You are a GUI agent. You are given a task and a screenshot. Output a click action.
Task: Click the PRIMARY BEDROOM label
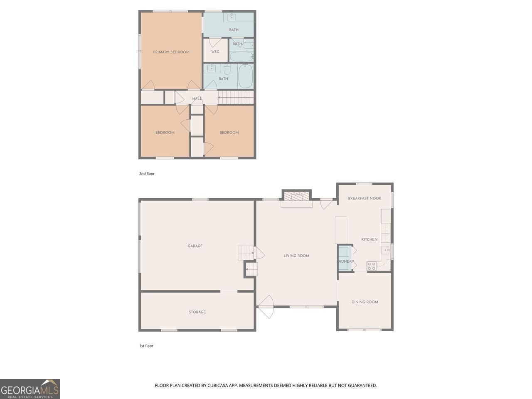point(171,52)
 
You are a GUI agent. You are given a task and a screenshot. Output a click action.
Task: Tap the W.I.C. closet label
point(215,52)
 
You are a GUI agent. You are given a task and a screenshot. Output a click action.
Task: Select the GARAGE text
point(195,246)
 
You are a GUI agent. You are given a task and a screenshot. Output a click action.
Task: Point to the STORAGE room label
point(197,312)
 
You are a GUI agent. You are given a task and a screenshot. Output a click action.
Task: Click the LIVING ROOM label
point(296,256)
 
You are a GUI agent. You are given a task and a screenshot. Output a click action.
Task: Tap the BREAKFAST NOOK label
point(365,198)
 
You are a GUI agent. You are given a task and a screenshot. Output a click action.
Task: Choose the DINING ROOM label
point(365,302)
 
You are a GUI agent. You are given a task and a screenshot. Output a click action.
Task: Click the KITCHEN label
point(369,239)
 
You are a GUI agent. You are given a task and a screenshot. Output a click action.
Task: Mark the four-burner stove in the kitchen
point(371,266)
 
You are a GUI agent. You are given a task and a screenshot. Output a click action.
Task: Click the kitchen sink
point(386,249)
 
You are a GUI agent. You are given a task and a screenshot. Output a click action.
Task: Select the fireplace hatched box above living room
point(297,197)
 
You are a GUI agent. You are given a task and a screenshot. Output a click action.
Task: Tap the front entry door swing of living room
point(266,307)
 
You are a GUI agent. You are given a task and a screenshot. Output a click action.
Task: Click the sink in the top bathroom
point(231,17)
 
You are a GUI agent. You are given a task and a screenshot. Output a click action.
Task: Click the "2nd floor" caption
point(147,174)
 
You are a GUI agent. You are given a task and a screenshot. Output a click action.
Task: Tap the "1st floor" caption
point(146,346)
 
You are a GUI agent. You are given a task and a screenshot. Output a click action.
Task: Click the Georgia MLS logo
point(30,389)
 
